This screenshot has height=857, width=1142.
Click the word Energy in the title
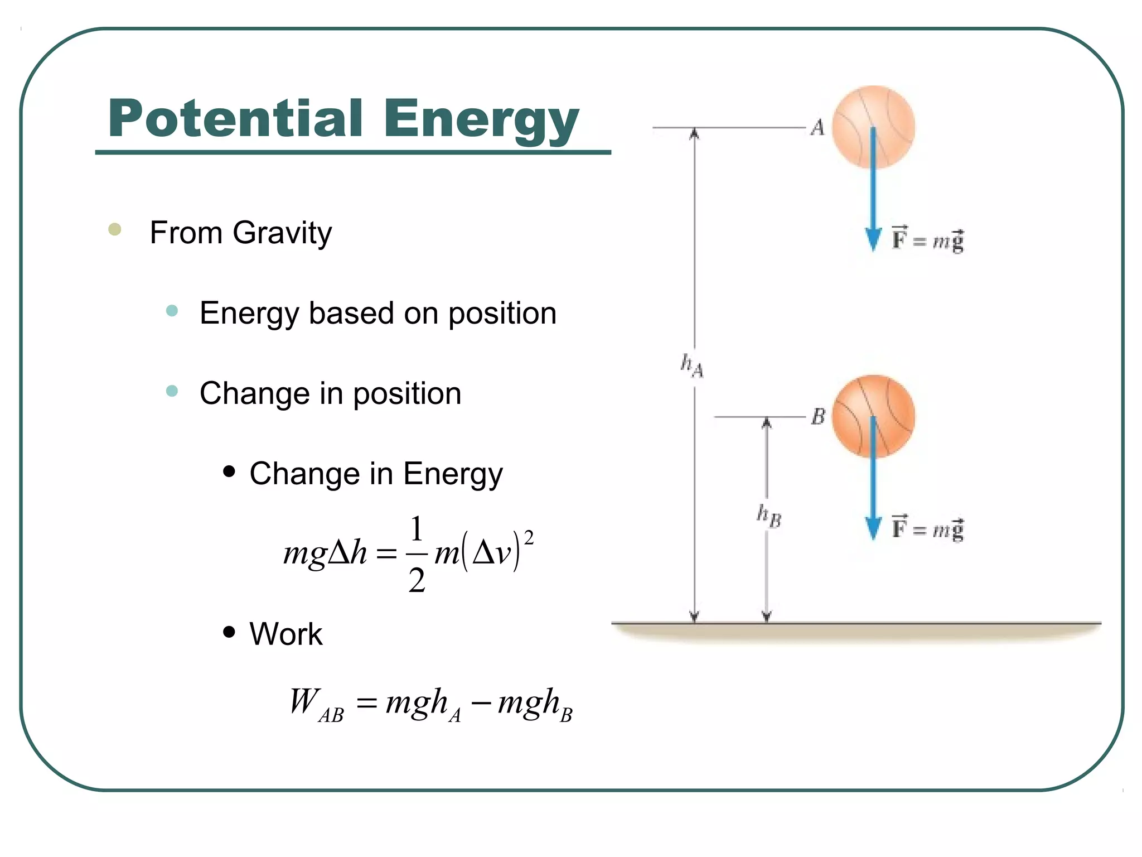[x=481, y=120]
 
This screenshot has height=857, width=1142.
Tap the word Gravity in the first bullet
[x=283, y=233]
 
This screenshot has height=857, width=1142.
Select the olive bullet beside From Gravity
[x=115, y=229]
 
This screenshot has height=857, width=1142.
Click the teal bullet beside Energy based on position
[x=172, y=311]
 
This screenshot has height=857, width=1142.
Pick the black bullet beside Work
[x=229, y=632]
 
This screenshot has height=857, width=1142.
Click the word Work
[x=286, y=634]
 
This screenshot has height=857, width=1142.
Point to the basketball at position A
[x=873, y=127]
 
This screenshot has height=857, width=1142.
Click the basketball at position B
[x=873, y=416]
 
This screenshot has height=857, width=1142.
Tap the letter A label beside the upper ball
[x=817, y=128]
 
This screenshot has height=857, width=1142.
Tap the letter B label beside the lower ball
[x=818, y=416]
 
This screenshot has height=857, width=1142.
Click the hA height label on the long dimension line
[x=692, y=365]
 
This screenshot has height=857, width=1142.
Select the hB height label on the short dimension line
[x=768, y=516]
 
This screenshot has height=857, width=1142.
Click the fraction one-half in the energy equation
[x=417, y=554]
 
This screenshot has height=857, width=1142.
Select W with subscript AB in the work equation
[x=316, y=704]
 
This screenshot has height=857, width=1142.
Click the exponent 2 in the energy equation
[x=529, y=538]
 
